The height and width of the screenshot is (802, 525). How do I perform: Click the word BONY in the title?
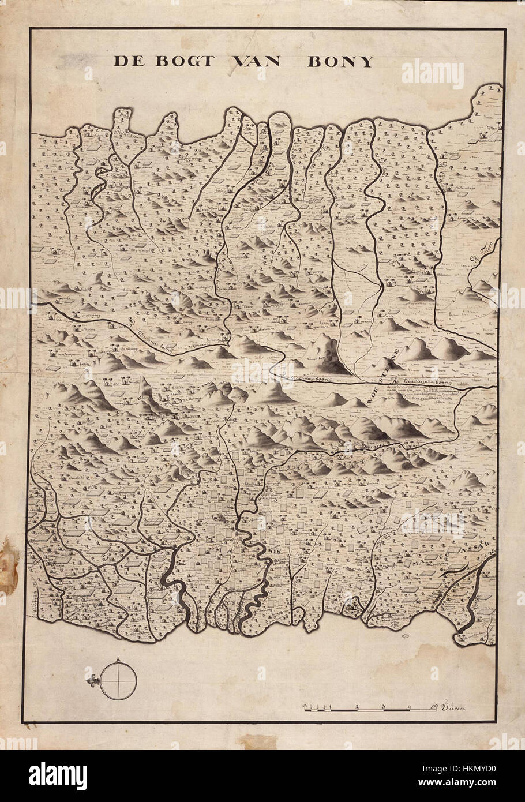coord(340,62)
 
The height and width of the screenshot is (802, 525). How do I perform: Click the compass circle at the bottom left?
coord(118,681)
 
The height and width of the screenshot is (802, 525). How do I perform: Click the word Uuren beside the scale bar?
coord(454,706)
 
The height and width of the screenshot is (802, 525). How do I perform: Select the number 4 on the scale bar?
coord(408,706)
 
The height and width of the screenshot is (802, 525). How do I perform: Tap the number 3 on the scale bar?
coord(383,706)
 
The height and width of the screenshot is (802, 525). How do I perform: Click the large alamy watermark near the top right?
coord(432,74)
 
